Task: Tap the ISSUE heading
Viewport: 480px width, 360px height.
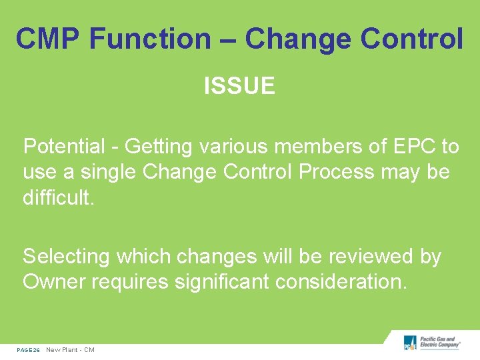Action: coord(239,86)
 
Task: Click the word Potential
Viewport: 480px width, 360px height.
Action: coord(64,146)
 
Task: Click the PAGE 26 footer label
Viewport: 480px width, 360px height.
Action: coord(28,350)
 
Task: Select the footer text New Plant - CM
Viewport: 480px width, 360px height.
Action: coord(70,350)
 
